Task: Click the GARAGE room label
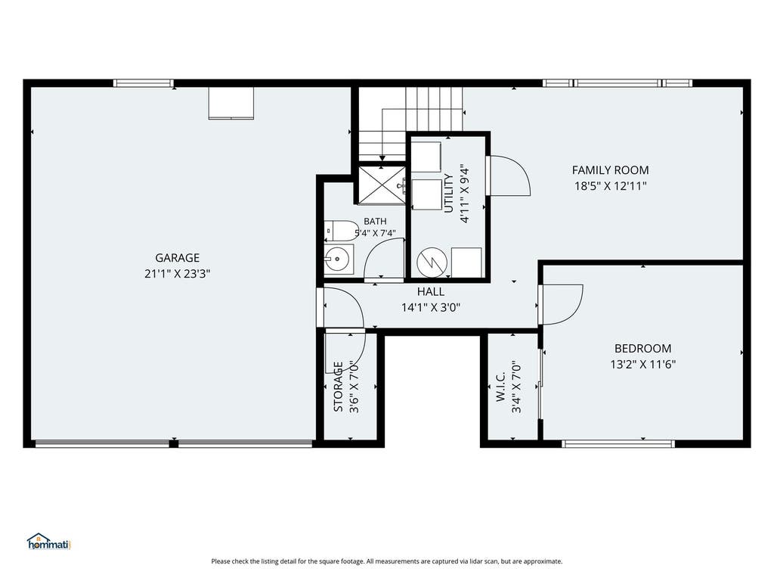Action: [x=177, y=258]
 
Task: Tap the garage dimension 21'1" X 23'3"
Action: [x=177, y=274]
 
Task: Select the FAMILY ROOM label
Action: [x=610, y=170]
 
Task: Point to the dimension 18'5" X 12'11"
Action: [x=610, y=186]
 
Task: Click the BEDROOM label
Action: [x=642, y=348]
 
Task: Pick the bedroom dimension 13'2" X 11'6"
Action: [x=642, y=365]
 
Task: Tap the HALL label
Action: [x=430, y=291]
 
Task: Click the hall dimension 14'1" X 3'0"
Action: [x=430, y=308]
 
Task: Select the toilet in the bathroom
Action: [x=341, y=231]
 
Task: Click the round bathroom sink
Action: [x=338, y=259]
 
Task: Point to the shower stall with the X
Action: [x=382, y=185]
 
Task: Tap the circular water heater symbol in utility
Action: [x=432, y=262]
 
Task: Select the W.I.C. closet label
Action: [x=500, y=387]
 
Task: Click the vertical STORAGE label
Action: [x=338, y=387]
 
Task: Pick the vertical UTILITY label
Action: [x=448, y=193]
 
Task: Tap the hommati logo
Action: [x=49, y=542]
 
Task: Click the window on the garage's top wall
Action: [x=143, y=83]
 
